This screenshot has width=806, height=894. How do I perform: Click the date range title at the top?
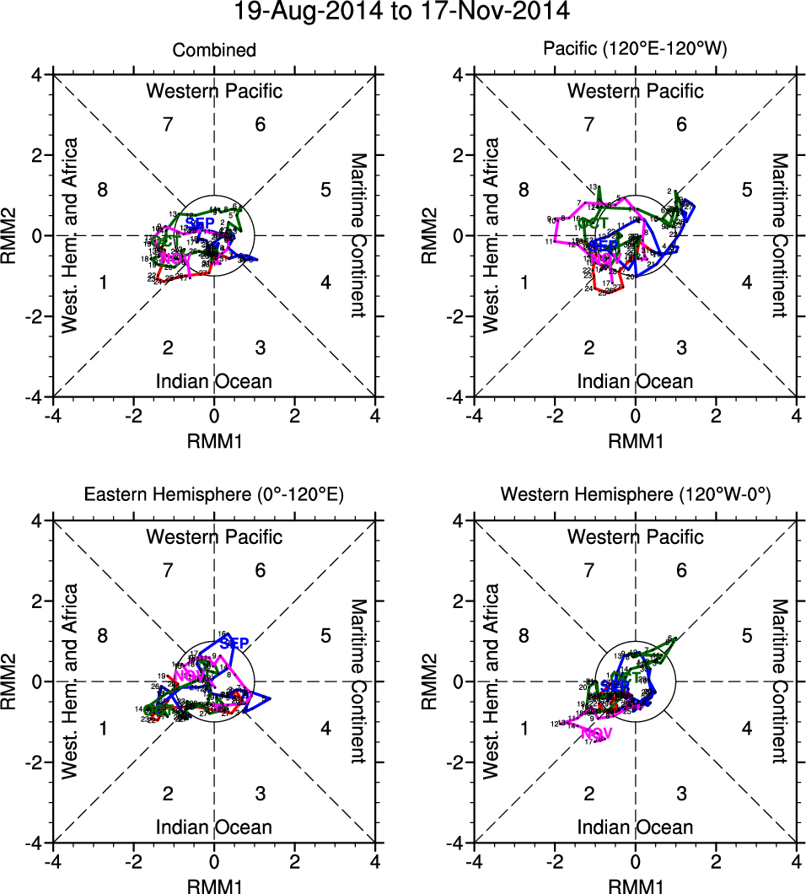tap(402, 11)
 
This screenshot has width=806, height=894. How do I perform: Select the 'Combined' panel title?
tap(214, 51)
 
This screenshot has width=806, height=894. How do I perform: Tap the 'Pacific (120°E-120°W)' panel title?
tap(635, 51)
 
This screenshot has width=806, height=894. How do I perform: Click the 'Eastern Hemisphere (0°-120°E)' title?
tap(214, 497)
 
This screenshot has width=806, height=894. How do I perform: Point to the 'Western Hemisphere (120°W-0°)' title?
tap(635, 497)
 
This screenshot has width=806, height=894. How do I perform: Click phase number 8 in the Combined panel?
tap(103, 189)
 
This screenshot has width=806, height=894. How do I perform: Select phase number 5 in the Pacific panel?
tap(746, 189)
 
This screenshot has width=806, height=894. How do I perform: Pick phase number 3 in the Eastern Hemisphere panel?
tap(261, 793)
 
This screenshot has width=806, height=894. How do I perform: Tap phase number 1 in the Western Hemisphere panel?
tap(524, 728)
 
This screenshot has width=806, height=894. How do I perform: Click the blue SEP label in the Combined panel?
tap(201, 223)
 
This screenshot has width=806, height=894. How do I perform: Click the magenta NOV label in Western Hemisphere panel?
tap(595, 733)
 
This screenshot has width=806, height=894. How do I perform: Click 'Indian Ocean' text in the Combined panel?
tap(214, 381)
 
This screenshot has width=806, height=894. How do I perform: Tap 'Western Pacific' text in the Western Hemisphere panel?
tap(635, 536)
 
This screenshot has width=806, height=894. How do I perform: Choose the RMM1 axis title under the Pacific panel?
tap(635, 439)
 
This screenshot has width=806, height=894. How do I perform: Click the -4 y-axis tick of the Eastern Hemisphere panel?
tap(38, 842)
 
